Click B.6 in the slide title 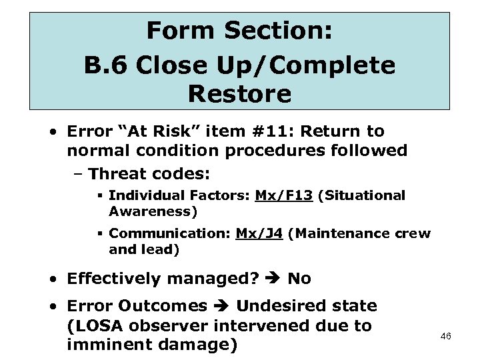click(106, 65)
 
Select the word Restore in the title click(239, 94)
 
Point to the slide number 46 click(446, 337)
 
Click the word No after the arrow click(299, 279)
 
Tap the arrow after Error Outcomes click(222, 307)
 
